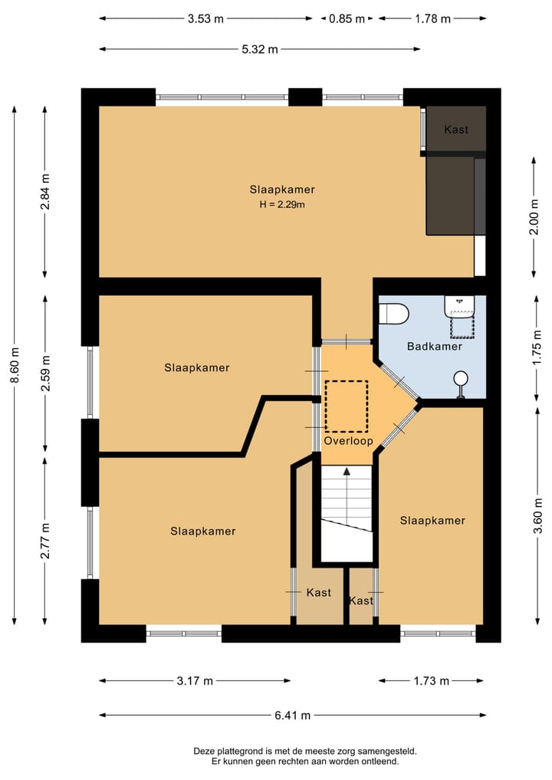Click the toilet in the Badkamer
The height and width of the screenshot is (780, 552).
pos(393,314)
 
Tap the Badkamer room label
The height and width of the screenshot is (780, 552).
pos(435,346)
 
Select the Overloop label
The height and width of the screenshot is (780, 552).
pos(348,441)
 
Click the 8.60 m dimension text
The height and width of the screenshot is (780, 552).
pos(15,365)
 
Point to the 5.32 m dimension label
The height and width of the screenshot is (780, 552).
pos(260,49)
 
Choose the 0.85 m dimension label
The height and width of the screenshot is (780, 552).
pos(347,19)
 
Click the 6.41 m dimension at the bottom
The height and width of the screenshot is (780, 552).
pos(292,716)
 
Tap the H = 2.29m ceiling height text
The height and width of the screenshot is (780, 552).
pos(282,205)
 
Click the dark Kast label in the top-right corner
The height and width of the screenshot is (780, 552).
pos(456,130)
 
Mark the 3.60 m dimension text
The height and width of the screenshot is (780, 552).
pos(537,515)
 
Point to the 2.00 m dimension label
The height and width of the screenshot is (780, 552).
pos(534,217)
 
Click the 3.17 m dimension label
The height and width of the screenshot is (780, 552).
pos(195,681)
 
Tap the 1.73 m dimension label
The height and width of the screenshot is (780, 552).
pos(431,681)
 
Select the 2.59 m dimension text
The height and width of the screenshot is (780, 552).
pos(45,373)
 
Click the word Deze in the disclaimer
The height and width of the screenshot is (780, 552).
pos(203,752)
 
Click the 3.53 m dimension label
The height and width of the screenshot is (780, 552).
pos(205,19)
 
